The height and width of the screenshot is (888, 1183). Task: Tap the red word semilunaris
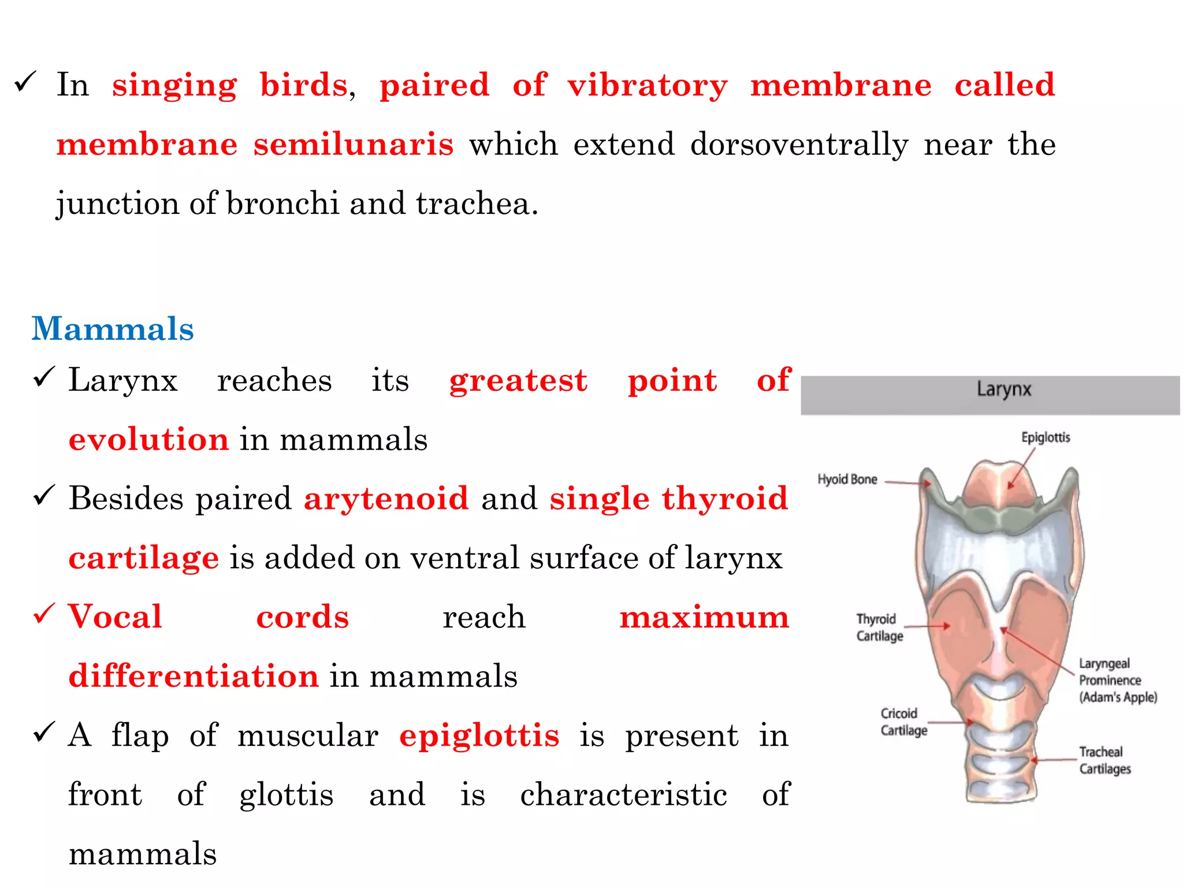coord(354,144)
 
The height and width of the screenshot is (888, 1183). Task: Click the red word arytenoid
coord(386,498)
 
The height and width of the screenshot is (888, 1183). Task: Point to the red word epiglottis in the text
coord(479,735)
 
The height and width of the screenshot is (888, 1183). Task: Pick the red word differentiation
coord(194,675)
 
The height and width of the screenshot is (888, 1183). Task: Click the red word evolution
coord(148,439)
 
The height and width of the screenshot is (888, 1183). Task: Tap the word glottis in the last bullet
coord(287,794)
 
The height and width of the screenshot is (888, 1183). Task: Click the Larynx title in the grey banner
coord(1004,389)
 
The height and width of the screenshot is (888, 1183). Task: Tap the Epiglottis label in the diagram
coord(1046,437)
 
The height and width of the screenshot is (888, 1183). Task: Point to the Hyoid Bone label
coord(847,479)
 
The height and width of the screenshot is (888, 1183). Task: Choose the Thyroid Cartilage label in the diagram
coord(879,627)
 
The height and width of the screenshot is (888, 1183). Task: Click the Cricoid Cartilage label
coord(903,721)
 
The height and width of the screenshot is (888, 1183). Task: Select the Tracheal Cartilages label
coord(1104,760)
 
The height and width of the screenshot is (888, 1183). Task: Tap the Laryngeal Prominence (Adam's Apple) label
coord(1118,680)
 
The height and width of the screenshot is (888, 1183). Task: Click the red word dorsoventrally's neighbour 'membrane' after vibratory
coord(840,85)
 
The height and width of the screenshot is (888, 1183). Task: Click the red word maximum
coord(704,617)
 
